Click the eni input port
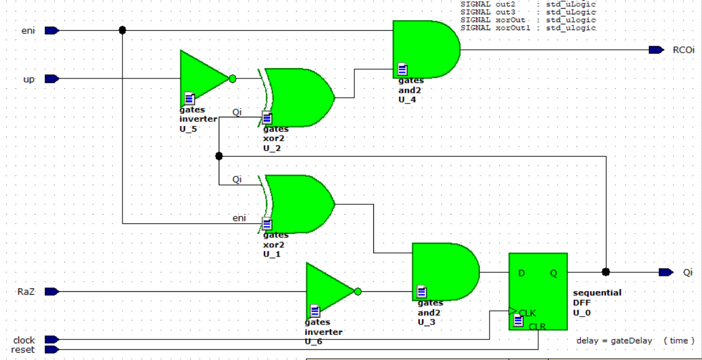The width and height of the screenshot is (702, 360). (52, 30)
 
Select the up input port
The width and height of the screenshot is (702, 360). (52, 79)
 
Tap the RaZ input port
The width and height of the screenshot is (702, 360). (52, 291)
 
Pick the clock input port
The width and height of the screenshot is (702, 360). (52, 340)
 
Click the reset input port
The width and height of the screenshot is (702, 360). (52, 349)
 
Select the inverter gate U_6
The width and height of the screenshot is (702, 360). (329, 291)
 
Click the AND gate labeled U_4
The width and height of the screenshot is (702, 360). (425, 49)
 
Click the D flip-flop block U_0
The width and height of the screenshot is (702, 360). (538, 291)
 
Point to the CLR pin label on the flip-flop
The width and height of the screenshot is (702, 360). (538, 326)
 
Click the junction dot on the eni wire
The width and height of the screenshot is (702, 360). (122, 30)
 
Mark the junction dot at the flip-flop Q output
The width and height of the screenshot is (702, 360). (606, 272)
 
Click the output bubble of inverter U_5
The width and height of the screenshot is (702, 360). (232, 79)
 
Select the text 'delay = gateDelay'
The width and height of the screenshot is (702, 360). (614, 341)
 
